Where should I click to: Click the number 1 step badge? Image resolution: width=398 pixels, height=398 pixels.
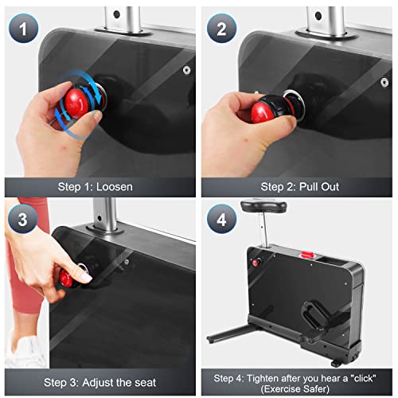[x=23, y=29]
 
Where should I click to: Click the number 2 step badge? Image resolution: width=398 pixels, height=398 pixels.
[x=221, y=29]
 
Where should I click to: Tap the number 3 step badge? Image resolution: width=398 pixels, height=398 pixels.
[x=23, y=219]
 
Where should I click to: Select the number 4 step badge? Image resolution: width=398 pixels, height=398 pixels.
[x=221, y=219]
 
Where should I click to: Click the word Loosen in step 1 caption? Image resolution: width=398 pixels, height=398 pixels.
[x=114, y=187]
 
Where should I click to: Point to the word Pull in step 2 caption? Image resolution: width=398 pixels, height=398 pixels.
[x=308, y=187]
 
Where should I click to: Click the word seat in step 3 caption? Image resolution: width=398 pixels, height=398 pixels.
[x=146, y=383]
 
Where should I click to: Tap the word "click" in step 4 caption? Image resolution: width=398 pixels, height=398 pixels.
[x=363, y=378]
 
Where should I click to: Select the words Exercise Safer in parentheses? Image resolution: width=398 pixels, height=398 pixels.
[x=295, y=389]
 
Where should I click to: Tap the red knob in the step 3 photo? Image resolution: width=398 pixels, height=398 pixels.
[x=66, y=279]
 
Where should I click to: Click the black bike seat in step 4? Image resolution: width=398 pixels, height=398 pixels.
[x=263, y=206]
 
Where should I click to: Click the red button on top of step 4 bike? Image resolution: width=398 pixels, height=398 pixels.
[x=307, y=255]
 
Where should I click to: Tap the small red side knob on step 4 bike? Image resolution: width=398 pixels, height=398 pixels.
[x=256, y=263]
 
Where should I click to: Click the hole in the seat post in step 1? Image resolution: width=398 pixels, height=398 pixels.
[x=116, y=14]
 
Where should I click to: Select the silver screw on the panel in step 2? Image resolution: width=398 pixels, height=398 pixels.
[x=384, y=82]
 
